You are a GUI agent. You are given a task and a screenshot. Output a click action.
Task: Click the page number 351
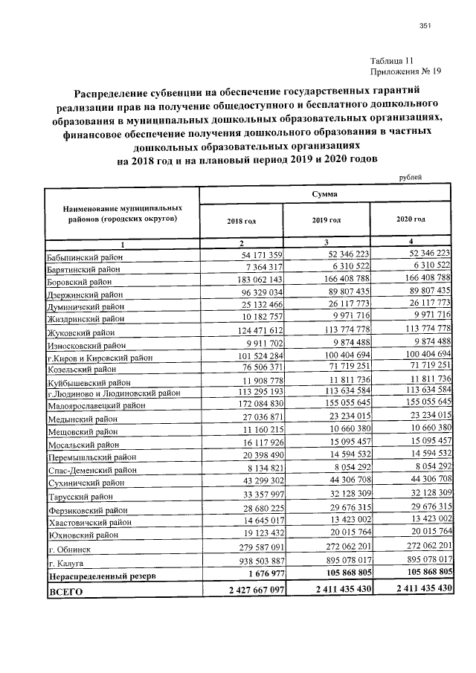point(425,27)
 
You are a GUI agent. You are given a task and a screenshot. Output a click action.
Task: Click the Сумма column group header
point(324,193)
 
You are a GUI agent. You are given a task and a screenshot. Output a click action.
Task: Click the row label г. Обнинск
point(69,549)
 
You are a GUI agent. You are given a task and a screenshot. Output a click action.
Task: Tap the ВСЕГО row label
point(65,591)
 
